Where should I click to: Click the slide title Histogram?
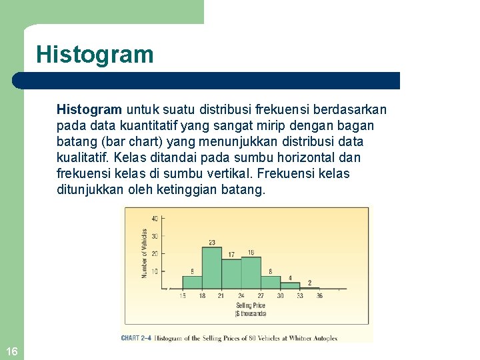(95, 54)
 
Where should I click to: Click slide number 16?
(11, 351)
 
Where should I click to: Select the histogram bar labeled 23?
(211, 267)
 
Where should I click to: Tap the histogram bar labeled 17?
(231, 274)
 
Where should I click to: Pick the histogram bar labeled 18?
(251, 273)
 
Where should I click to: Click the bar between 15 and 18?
(192, 282)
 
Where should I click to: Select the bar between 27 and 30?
(270, 282)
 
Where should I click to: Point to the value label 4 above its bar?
(289, 277)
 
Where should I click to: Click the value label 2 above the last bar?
(309, 283)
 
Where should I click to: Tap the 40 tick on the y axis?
(155, 219)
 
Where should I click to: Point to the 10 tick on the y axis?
(155, 271)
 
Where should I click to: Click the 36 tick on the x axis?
(319, 296)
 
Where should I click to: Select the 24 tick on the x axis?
(241, 296)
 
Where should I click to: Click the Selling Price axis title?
(251, 305)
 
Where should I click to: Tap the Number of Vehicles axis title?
(144, 253)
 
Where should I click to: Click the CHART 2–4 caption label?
(137, 338)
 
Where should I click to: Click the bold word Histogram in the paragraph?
(89, 109)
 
